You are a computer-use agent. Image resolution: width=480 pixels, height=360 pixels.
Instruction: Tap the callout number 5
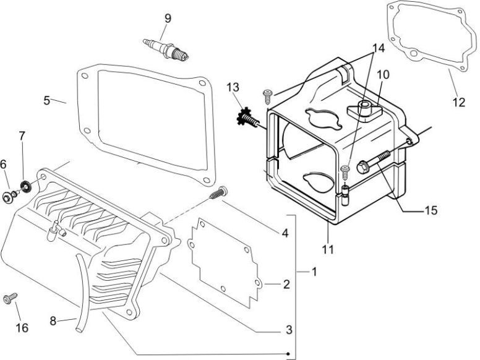[47, 100]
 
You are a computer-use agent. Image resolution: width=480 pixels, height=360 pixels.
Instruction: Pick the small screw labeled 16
[9, 298]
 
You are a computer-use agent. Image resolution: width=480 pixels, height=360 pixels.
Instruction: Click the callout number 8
[54, 320]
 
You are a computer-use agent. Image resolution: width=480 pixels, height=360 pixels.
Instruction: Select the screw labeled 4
[216, 194]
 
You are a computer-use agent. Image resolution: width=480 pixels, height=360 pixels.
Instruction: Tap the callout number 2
[286, 285]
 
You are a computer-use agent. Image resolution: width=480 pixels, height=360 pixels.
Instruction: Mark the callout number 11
[328, 250]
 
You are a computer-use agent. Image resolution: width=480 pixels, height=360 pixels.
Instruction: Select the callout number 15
[431, 210]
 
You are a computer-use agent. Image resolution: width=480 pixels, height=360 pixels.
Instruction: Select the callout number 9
[166, 17]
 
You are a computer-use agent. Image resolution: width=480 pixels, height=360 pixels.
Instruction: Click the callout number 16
[22, 328]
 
